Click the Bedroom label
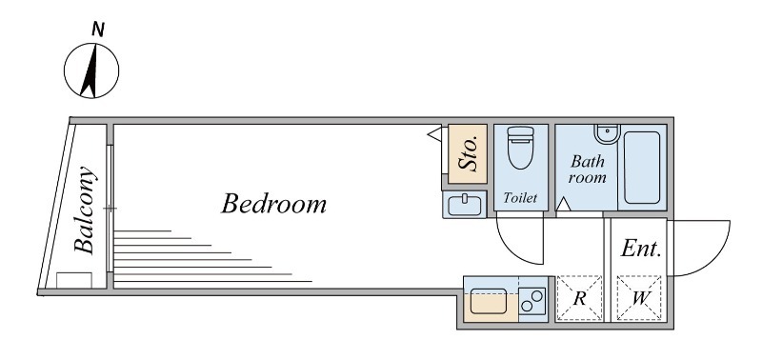pos(273,204)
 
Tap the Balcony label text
pos(85,210)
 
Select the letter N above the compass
pos(98,30)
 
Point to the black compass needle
pos(90,70)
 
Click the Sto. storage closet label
pos(469,154)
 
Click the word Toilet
pos(520,198)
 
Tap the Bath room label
pos(587,170)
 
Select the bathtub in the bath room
pos(642,168)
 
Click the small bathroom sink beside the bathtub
pos(607,133)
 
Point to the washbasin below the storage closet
pos(465,205)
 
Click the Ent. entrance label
pos(641,249)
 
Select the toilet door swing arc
pos(508,248)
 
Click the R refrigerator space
pos(579,298)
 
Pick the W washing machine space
pos(639,298)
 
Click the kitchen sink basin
pos(489,301)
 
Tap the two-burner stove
pos(532,301)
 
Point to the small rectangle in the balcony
pos(74,280)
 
